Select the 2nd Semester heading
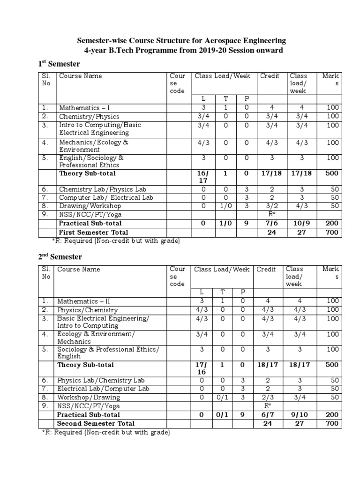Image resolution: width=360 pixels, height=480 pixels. pos(60,257)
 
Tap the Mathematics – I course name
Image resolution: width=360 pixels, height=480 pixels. pos(84,108)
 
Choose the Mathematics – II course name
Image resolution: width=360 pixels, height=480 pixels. pos(84,301)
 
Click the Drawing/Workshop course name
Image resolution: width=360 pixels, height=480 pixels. pos(90,206)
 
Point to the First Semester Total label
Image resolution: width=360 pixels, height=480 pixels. pos(94,232)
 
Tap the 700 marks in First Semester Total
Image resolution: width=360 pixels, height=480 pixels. pos(331,232)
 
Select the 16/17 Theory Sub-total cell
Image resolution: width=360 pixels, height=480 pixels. pos(203,177)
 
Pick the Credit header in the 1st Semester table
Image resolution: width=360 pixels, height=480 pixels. pos(270,76)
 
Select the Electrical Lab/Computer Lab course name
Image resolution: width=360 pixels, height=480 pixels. pos(103,389)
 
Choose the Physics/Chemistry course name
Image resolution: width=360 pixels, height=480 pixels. pos(88,310)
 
